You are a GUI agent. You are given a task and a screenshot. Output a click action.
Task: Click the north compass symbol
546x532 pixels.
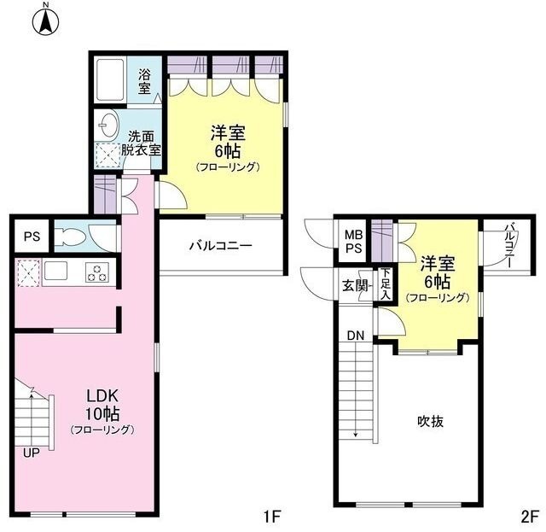tap(45, 20)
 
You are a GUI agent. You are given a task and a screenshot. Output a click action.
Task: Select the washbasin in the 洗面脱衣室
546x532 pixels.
tap(108, 125)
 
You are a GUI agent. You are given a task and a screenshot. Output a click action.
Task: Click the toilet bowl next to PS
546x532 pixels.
tap(71, 237)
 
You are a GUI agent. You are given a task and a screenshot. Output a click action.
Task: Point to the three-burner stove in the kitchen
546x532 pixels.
tap(97, 272)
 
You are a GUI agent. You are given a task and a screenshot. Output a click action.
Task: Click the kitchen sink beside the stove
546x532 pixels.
tap(55, 271)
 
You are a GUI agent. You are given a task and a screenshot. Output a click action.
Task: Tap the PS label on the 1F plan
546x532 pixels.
tap(32, 237)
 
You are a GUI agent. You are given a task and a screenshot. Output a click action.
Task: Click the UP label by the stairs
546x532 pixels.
tap(32, 453)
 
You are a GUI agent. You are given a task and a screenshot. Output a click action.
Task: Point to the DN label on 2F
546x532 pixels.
tap(356, 336)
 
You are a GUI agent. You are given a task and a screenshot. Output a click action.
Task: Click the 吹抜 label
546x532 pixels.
tap(430, 422)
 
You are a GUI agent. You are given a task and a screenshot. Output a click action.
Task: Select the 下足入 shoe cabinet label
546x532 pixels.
tap(385, 284)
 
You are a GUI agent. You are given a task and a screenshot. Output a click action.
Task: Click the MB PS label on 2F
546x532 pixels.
tap(353, 242)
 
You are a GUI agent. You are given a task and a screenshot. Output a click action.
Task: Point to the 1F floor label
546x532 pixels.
tap(270, 517)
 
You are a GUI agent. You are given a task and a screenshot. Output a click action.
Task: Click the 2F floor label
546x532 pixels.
tap(530, 517)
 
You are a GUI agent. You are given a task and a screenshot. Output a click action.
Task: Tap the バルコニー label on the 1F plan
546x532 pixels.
tap(220, 246)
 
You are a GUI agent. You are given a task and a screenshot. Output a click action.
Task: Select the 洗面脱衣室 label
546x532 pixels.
tap(141, 143)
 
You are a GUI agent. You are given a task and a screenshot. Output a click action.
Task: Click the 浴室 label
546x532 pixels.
tap(144, 81)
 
